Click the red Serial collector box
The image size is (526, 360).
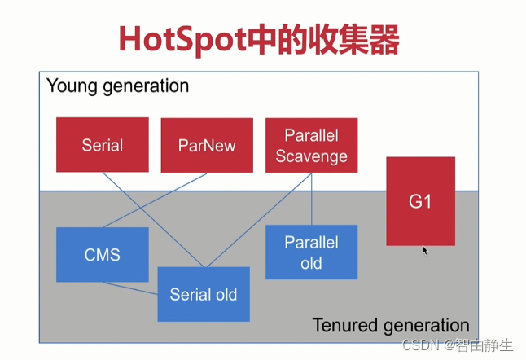click(102, 145)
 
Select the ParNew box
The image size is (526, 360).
click(207, 145)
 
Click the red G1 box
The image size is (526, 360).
click(420, 201)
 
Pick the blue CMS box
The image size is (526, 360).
click(102, 255)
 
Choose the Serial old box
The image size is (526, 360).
click(204, 293)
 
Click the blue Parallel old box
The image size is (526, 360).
click(311, 252)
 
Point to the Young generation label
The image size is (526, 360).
click(117, 86)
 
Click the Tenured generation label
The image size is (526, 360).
click(391, 325)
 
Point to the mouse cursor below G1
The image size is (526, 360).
click(425, 250)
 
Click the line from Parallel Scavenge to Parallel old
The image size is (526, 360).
click(311, 200)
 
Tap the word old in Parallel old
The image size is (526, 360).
click(311, 263)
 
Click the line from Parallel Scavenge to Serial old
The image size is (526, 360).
click(261, 220)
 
